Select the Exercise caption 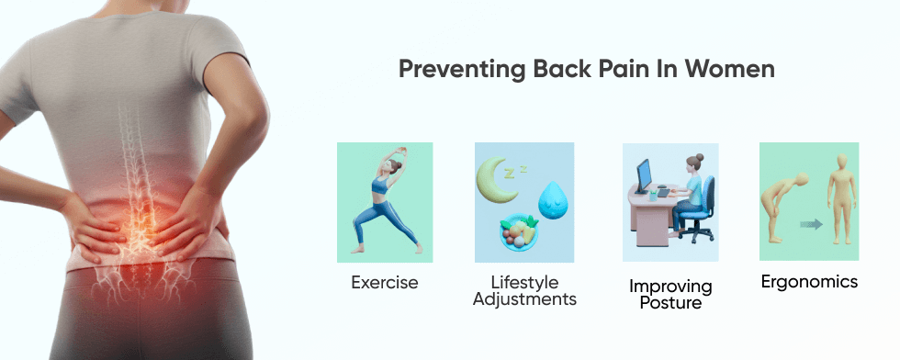point(384,282)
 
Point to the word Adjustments point(524,299)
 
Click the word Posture point(670,303)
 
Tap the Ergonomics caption point(809,281)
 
